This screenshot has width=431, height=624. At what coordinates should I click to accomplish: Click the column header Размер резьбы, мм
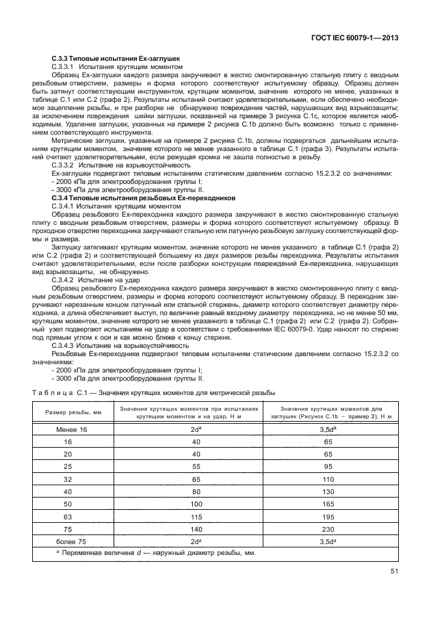click(x=73, y=413)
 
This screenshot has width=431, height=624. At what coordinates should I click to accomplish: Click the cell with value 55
click(x=196, y=465)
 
